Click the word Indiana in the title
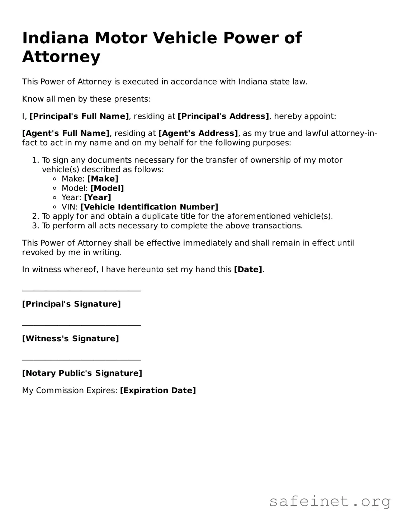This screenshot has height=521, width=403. click(x=55, y=38)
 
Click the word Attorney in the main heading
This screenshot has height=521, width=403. click(x=61, y=57)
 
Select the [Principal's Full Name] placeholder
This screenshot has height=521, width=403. click(x=79, y=116)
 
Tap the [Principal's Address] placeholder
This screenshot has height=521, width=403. click(x=223, y=116)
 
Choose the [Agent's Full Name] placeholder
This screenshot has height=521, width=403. click(x=66, y=134)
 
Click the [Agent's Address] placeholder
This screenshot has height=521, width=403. click(x=198, y=134)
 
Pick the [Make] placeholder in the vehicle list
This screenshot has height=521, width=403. click(x=103, y=179)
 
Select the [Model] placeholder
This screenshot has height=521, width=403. click(x=107, y=188)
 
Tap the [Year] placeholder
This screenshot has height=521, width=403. click(x=98, y=198)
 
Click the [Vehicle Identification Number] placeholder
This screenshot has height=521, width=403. click(x=149, y=207)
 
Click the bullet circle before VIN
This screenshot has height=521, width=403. click(x=54, y=207)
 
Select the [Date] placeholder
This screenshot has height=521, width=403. click(x=248, y=270)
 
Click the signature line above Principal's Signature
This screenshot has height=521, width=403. click(x=81, y=291)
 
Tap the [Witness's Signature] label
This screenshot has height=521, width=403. click(x=70, y=339)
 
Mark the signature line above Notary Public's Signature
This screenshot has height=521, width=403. click(x=81, y=360)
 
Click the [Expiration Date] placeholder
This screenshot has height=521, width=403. click(x=158, y=391)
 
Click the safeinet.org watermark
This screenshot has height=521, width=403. click(x=330, y=501)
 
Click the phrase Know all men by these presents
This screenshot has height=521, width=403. click(x=86, y=99)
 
